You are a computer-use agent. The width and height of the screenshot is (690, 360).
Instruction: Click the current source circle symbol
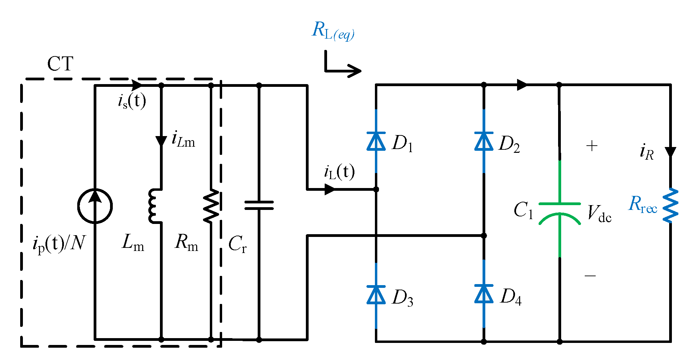pyautogui.click(x=95, y=206)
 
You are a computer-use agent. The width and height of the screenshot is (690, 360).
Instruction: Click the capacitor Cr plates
pyautogui.click(x=259, y=205)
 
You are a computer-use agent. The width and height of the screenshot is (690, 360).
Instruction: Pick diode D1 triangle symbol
pyautogui.click(x=376, y=142)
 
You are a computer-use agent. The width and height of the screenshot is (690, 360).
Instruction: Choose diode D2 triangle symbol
pyautogui.click(x=484, y=142)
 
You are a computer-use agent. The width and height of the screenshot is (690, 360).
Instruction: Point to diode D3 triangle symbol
pyautogui.click(x=376, y=295)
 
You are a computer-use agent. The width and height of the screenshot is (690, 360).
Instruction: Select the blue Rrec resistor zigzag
pyautogui.click(x=671, y=205)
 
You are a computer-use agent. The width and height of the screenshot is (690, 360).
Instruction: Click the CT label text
pyautogui.click(x=60, y=64)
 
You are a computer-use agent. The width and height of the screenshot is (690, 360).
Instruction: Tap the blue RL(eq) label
pyautogui.click(x=333, y=31)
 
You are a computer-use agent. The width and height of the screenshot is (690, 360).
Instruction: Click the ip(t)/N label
pyautogui.click(x=59, y=243)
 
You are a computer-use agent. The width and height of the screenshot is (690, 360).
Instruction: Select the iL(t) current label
pyautogui.click(x=339, y=172)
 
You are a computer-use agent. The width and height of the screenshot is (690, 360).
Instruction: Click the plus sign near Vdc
pyautogui.click(x=592, y=146)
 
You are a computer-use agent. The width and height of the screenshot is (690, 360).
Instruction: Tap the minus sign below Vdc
pyautogui.click(x=590, y=276)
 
